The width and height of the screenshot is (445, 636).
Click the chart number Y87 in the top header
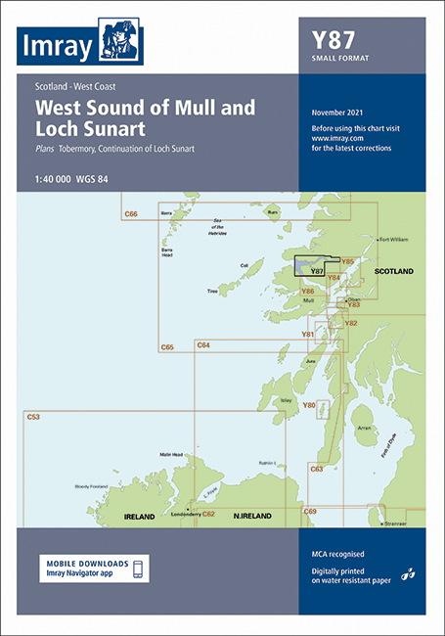click(x=333, y=41)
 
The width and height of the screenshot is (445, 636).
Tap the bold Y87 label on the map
click(x=316, y=270)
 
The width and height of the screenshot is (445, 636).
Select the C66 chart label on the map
click(x=130, y=213)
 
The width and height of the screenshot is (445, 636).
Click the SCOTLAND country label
click(x=393, y=271)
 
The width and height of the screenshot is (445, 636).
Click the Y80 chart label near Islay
click(x=309, y=404)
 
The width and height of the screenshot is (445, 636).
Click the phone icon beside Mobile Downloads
click(x=139, y=568)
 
